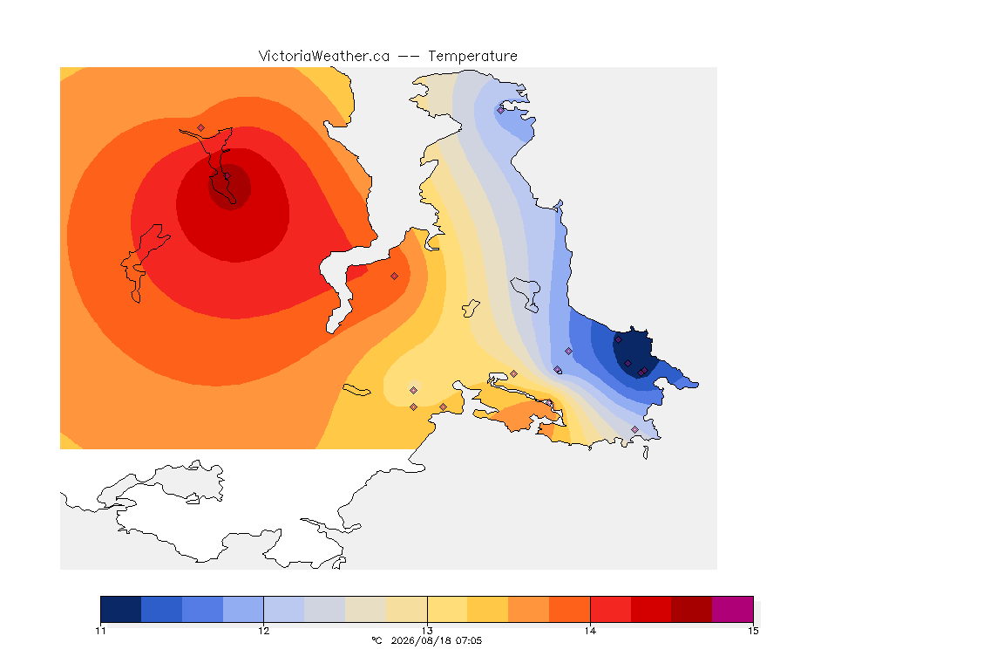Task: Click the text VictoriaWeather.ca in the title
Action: (x=324, y=57)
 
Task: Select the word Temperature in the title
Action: (x=472, y=57)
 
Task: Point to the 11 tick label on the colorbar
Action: (x=100, y=631)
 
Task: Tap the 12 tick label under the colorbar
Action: (x=264, y=631)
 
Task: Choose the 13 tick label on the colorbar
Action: (x=427, y=631)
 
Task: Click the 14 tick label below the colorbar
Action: (x=590, y=631)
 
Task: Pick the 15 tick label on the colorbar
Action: (x=753, y=631)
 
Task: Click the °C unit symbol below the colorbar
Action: (x=376, y=640)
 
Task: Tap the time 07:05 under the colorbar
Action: (x=469, y=640)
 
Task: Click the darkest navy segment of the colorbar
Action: (x=121, y=609)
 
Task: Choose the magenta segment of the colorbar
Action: (x=732, y=609)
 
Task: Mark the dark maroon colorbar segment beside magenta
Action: (x=691, y=609)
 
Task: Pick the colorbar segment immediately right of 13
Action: (x=448, y=609)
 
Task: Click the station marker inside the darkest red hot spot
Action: (x=227, y=176)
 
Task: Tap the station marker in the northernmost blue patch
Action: (x=501, y=110)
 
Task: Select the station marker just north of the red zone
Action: (x=201, y=128)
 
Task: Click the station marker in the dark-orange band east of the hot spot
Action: (x=395, y=277)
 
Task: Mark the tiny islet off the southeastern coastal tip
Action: (x=646, y=453)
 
